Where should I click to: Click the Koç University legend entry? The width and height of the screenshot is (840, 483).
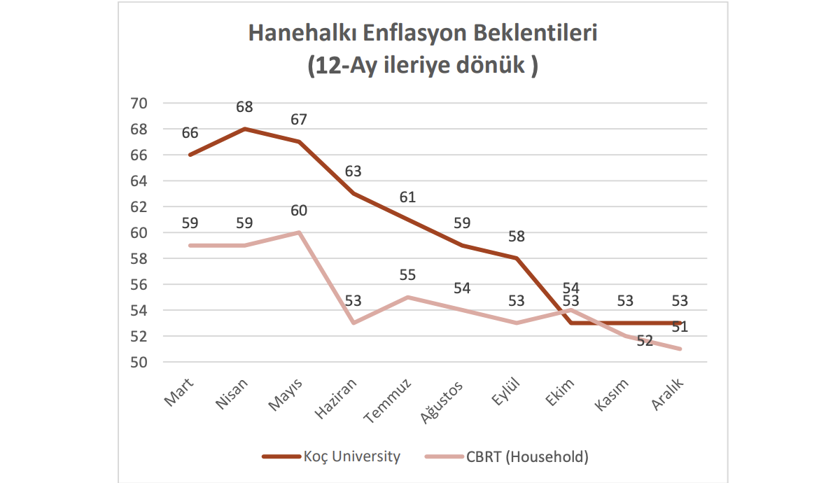(x=351, y=457)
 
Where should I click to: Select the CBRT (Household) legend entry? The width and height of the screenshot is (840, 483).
(x=527, y=457)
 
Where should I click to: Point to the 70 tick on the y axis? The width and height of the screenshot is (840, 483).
(x=139, y=104)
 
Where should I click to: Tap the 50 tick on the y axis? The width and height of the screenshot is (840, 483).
(x=139, y=362)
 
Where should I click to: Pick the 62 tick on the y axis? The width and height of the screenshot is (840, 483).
(x=139, y=206)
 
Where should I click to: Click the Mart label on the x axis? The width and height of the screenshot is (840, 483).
(x=180, y=393)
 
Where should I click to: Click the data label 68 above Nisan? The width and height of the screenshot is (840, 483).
(x=244, y=107)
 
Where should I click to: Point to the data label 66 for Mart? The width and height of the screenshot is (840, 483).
(x=190, y=133)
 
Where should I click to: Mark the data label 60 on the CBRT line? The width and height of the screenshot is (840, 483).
(x=299, y=211)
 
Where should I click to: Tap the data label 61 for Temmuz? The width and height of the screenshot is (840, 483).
(x=407, y=197)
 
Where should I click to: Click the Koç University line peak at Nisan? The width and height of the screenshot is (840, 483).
(x=244, y=129)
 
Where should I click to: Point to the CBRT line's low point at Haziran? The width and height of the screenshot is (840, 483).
(x=353, y=323)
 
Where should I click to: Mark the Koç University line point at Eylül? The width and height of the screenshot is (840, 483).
(x=517, y=258)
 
